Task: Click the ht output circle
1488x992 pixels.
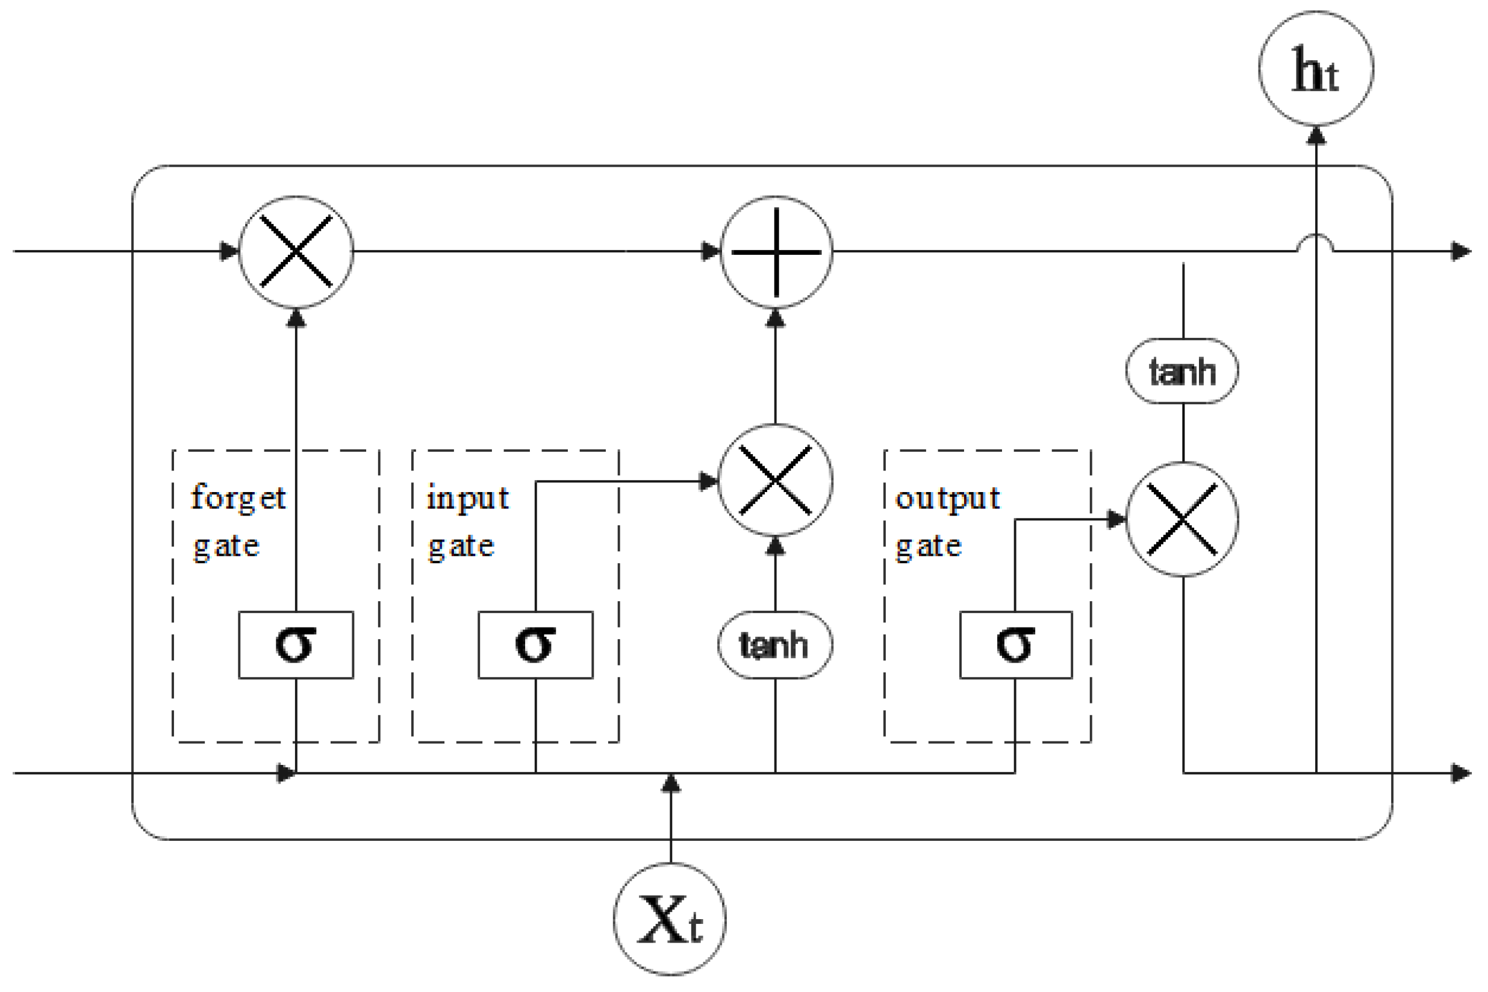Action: point(1315,68)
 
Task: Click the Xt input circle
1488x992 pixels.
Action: point(670,919)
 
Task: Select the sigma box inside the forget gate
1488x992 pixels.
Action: point(295,644)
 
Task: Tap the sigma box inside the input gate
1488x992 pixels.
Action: point(535,644)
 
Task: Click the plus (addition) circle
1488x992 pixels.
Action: point(776,252)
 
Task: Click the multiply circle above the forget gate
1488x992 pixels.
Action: point(295,252)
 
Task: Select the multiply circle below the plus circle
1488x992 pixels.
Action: point(774,480)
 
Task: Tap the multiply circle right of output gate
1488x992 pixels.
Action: point(1182,519)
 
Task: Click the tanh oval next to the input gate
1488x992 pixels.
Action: point(774,644)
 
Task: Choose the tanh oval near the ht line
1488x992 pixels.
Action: point(1181,372)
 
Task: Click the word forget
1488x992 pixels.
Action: point(238,498)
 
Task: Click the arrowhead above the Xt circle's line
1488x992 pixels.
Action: point(670,784)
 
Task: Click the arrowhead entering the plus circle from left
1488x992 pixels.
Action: point(711,252)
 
